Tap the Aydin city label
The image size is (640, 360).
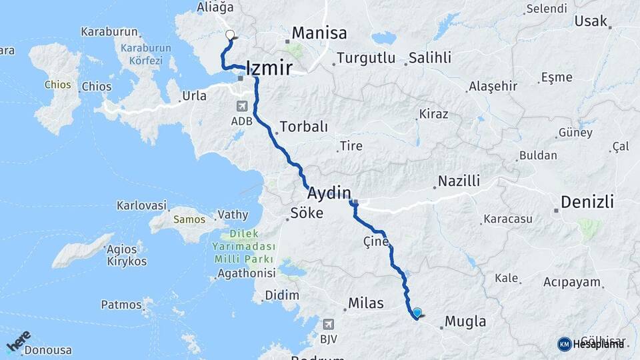point(329,193)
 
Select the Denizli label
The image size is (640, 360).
point(587,202)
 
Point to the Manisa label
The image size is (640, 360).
point(319,33)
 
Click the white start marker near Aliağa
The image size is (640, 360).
point(230,35)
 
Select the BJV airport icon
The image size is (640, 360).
point(328,324)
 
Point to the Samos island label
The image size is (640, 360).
point(187,219)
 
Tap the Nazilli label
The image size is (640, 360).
point(459,181)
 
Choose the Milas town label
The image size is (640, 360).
point(366,303)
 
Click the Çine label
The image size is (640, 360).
point(375,241)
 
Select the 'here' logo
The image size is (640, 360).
point(19,341)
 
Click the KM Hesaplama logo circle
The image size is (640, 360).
point(564,344)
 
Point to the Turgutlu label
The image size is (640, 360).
point(366,58)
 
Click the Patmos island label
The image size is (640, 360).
point(121,305)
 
